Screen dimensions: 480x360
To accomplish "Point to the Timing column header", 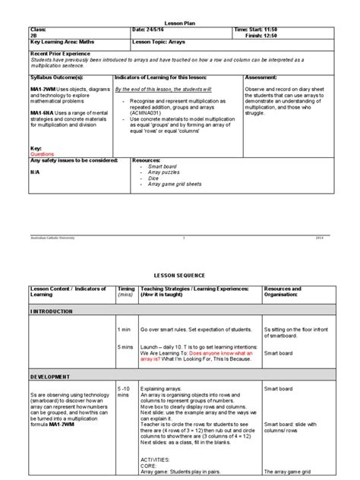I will [125, 289].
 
